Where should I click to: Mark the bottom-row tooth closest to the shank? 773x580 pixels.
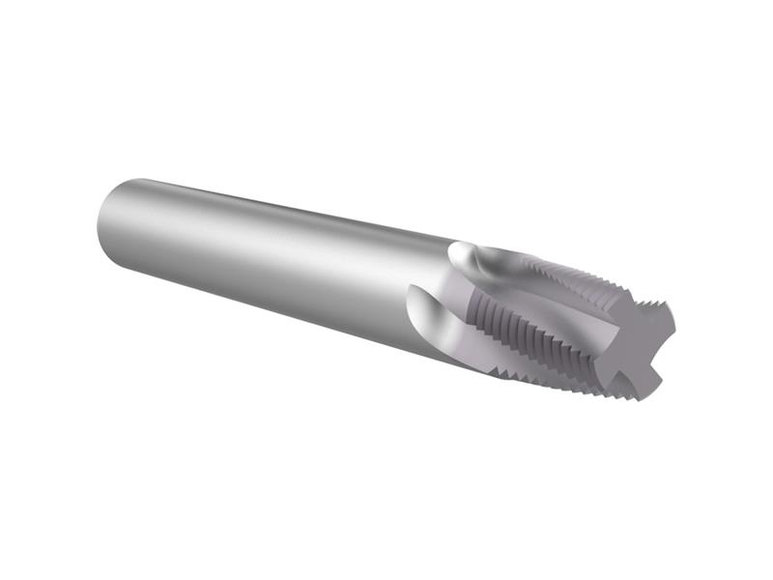(502, 363)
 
